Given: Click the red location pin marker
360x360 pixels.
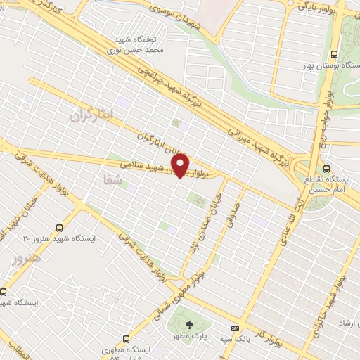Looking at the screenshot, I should (x=181, y=165).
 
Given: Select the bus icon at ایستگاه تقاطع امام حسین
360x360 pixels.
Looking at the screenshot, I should (x=326, y=169).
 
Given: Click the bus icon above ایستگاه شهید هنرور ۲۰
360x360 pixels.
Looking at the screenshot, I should (x=59, y=227).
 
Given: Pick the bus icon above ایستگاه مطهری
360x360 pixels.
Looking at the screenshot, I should (x=125, y=337).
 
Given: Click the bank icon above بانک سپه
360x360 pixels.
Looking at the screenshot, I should (x=235, y=328).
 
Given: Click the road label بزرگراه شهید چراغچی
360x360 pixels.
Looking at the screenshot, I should (x=169, y=88).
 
